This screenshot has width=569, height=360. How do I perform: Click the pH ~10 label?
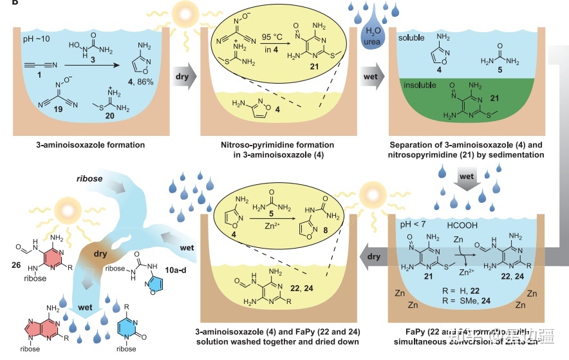click(32, 41)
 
